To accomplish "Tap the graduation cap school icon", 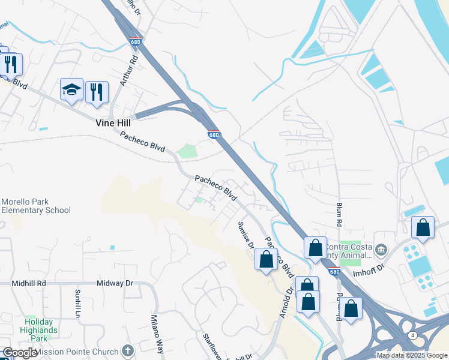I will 71,90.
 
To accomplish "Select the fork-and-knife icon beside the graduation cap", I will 97,92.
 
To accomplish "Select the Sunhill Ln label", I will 77,303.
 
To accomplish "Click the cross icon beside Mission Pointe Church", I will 126,350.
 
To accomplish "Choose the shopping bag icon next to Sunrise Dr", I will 267,260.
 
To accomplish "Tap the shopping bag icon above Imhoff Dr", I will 423,227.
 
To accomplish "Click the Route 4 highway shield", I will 413,334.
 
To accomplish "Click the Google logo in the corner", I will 20,353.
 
